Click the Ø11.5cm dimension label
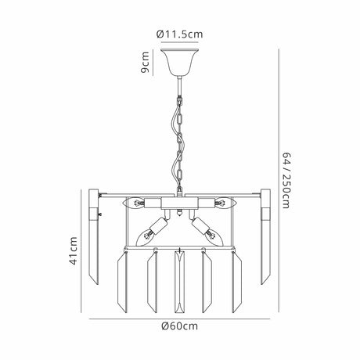[x=179, y=34]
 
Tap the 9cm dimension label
[x=145, y=63]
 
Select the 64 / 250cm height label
[x=286, y=180]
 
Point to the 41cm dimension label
[x=74, y=250]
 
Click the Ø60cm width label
[x=179, y=326]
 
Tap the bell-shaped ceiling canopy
[x=179, y=61]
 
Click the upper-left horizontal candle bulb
[x=134, y=203]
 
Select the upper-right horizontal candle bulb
[x=225, y=203]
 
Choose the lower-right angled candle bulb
[x=214, y=237]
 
